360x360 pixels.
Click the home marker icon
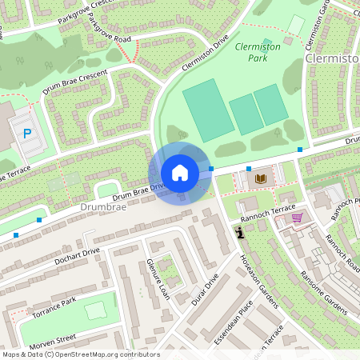coord(180,173)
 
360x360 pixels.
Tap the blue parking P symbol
coord(29,134)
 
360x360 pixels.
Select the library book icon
coord(260,178)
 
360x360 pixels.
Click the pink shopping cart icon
coord(297,217)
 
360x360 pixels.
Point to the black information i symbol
coord(240,232)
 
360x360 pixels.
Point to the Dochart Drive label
coord(74,257)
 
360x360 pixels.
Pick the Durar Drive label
coord(206,290)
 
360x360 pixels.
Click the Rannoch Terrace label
coord(262,209)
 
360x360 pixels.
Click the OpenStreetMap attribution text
coord(80,354)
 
